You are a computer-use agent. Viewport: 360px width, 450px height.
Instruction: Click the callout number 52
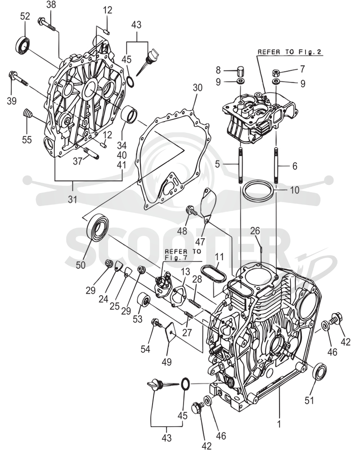(x=25, y=16)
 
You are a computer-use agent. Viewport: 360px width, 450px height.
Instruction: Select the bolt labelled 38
(x=47, y=24)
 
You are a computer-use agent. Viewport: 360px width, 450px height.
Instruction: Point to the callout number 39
(x=12, y=101)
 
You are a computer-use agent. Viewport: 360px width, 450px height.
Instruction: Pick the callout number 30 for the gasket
(x=198, y=88)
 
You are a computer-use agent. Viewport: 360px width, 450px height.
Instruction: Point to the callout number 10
(x=295, y=190)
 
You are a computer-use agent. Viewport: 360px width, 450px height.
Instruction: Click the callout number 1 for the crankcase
(x=279, y=424)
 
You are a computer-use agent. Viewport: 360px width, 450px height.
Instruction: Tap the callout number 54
(x=145, y=349)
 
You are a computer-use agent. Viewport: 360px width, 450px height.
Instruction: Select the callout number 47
(x=200, y=242)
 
